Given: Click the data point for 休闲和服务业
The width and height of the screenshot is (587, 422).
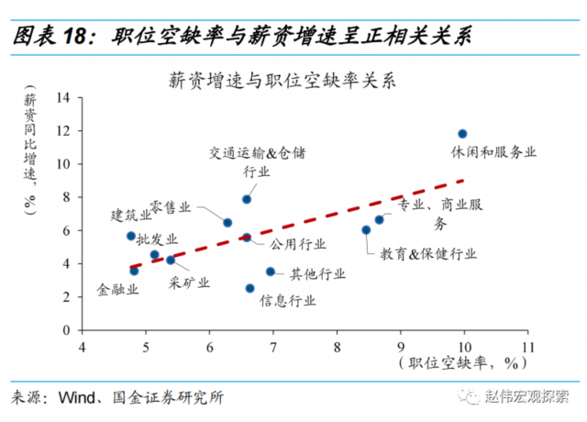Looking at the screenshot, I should (462, 134).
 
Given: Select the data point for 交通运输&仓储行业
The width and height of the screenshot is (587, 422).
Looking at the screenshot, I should (247, 199).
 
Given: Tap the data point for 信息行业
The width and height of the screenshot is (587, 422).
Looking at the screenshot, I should (249, 288).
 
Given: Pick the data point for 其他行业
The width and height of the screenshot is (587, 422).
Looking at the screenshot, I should (271, 272).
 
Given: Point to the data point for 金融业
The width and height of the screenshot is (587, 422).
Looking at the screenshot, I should (134, 271).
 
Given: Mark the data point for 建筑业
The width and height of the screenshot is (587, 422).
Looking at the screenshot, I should (131, 236).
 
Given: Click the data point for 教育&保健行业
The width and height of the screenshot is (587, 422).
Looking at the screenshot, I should (366, 230).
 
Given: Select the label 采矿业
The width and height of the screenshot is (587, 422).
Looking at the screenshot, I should (190, 282).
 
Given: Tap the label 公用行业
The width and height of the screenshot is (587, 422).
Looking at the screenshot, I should (297, 244).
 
